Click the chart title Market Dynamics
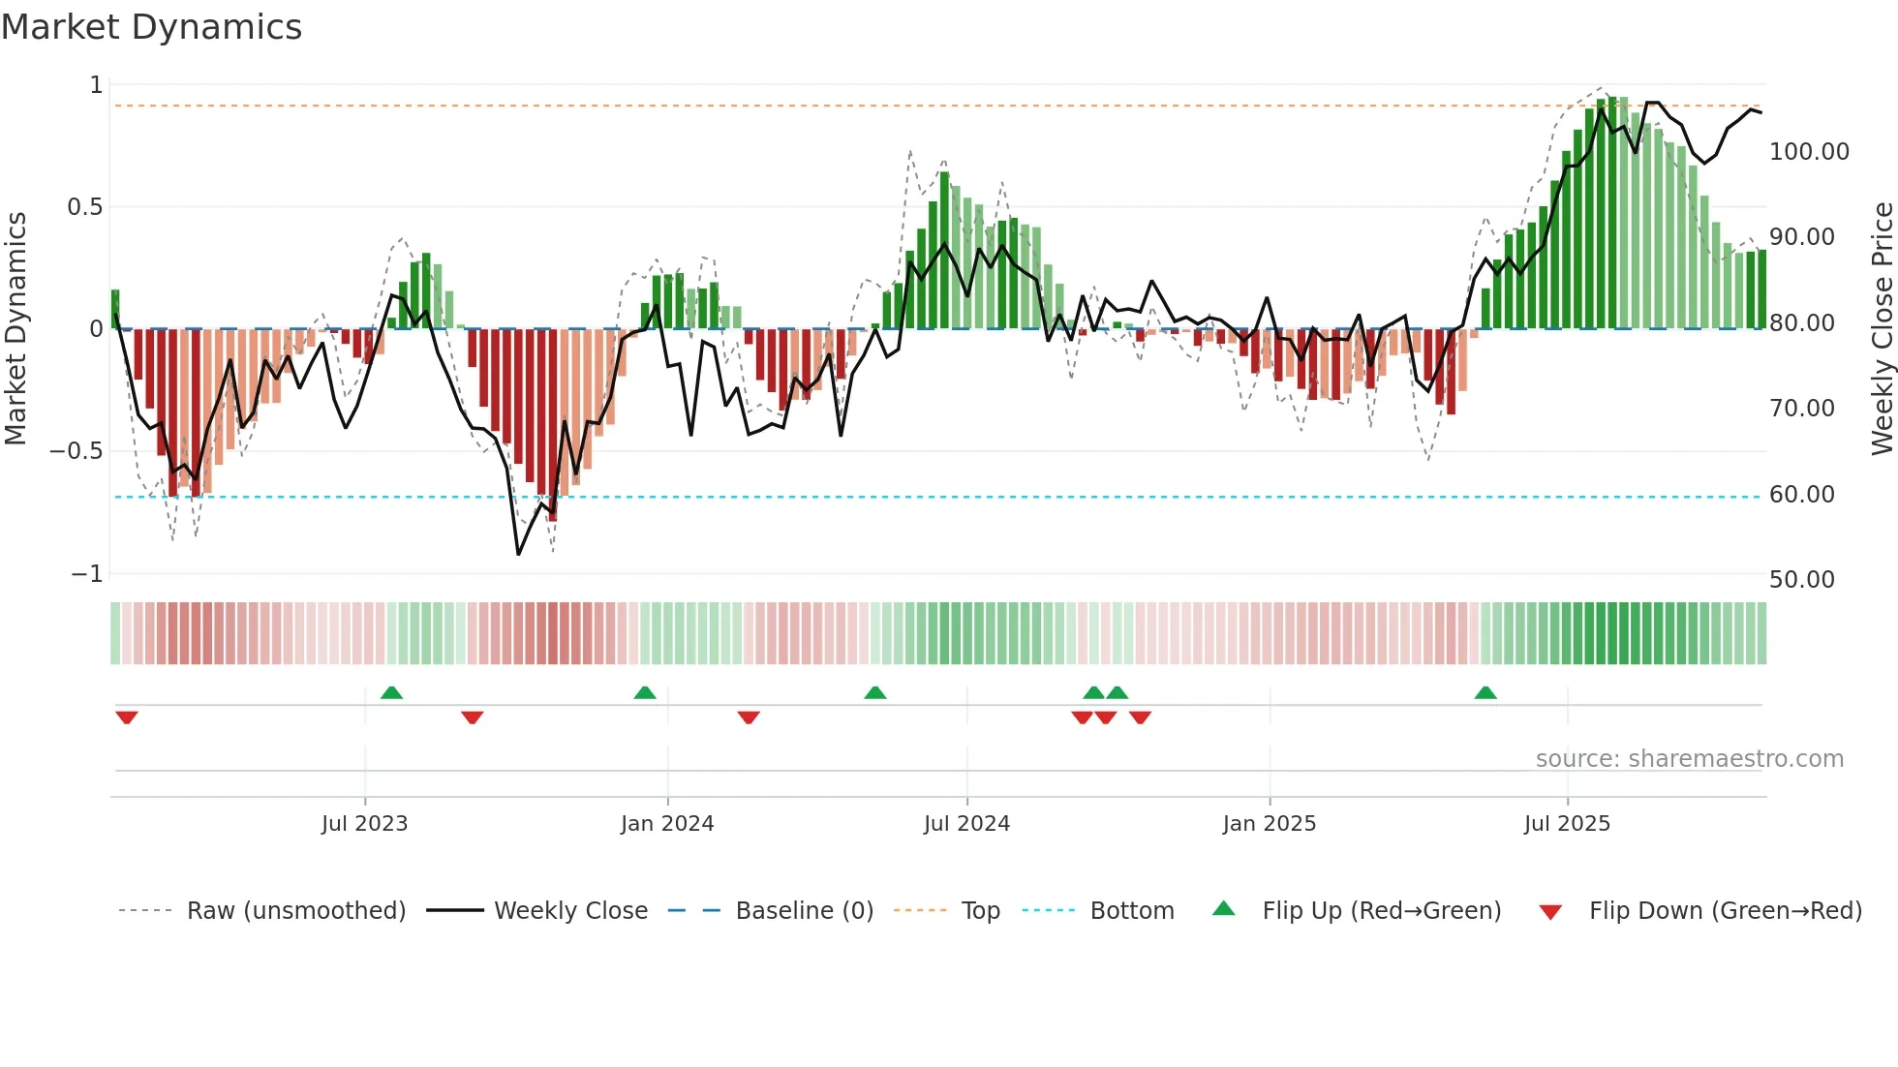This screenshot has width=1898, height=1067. point(151,27)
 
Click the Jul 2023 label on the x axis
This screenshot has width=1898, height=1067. point(364,824)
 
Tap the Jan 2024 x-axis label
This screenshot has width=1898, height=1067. point(667,824)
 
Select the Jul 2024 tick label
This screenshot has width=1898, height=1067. point(966,824)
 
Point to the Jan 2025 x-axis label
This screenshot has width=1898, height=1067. point(1269,824)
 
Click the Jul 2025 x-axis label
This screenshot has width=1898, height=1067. point(1567,824)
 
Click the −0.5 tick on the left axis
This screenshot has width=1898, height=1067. point(76,451)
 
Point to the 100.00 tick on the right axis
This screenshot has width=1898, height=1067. point(1809,152)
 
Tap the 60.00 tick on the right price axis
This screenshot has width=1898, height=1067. point(1801,495)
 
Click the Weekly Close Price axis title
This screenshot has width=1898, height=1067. point(1882,328)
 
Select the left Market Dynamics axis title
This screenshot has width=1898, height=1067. point(15,328)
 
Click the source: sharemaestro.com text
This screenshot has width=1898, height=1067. point(1689,759)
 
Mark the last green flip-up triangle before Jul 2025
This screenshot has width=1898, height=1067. point(1485,692)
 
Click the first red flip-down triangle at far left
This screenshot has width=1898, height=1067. point(126,717)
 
